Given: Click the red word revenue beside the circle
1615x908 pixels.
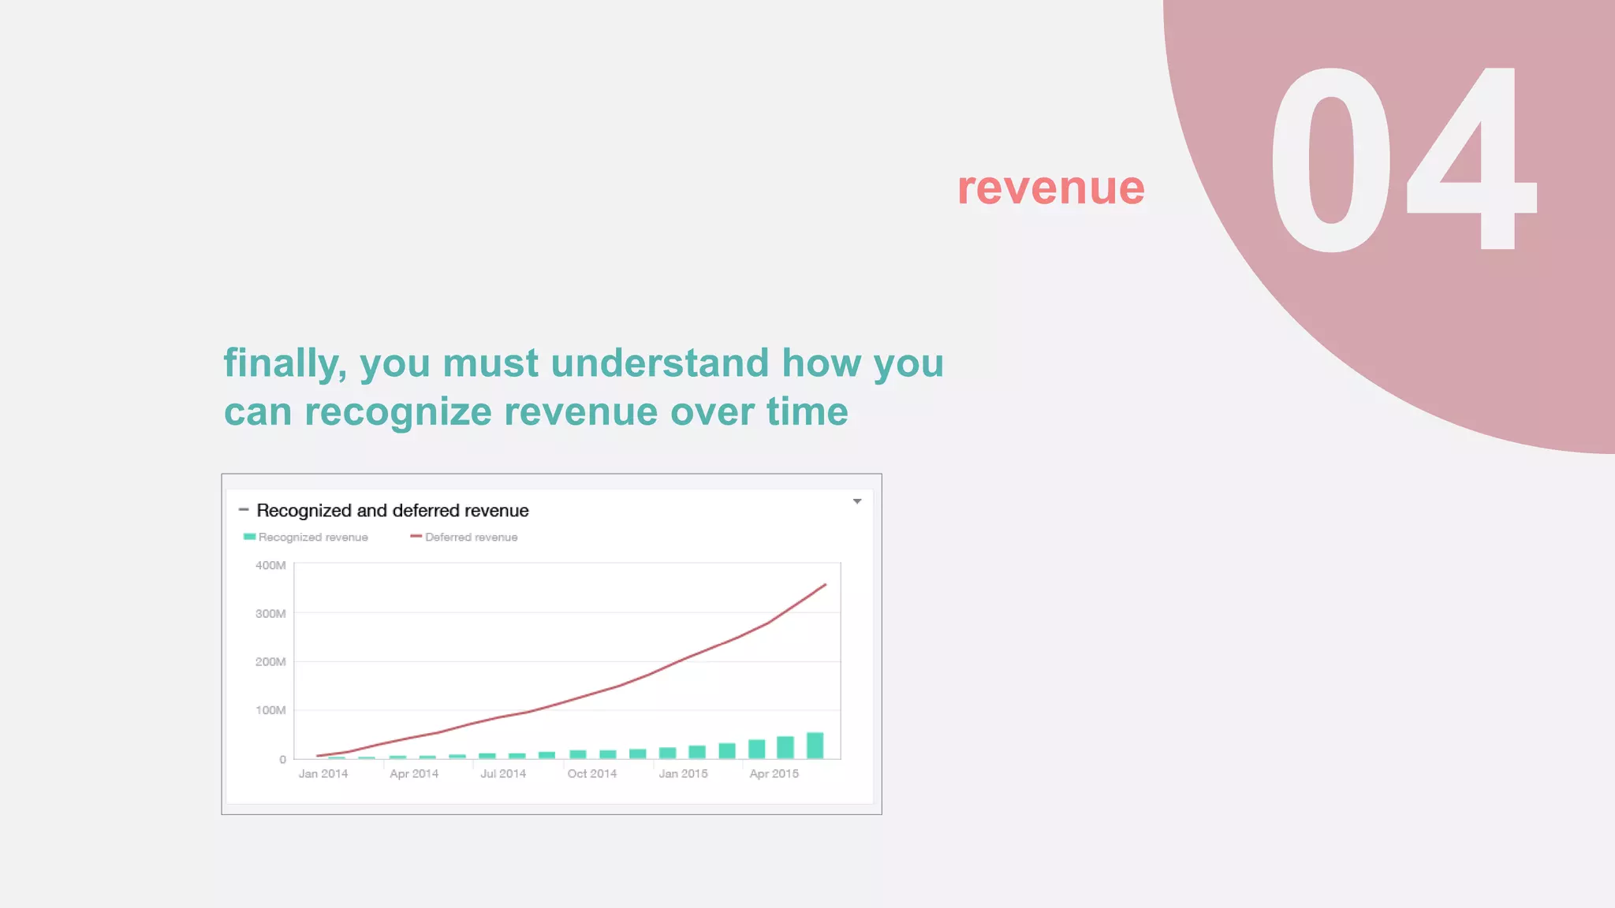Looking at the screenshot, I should point(1050,189).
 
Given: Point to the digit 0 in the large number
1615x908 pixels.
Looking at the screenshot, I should point(1331,161).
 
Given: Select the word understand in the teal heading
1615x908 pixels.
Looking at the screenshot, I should point(659,363).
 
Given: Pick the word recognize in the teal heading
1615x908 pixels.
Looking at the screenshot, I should point(398,413).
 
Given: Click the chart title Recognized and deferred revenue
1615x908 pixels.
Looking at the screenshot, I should point(392,511).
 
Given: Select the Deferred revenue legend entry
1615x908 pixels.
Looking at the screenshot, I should point(464,538).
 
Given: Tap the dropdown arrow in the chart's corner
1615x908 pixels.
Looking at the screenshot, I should point(857,501).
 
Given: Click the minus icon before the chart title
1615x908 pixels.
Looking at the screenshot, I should point(244,510).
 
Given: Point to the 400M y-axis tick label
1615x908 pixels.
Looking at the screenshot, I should point(270,565).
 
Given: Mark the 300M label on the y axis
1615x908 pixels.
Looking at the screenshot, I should point(270,614).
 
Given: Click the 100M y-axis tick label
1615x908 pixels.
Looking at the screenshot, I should point(270,710).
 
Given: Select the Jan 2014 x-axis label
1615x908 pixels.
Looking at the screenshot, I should point(323,774).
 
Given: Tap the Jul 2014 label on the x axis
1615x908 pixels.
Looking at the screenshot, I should point(503,774).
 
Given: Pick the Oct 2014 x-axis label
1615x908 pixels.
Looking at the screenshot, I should point(592,774).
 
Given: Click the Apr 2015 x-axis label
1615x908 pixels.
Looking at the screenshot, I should point(774,774).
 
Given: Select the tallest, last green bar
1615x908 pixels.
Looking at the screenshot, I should point(815,746).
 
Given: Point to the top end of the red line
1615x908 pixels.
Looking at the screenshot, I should point(825,585).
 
